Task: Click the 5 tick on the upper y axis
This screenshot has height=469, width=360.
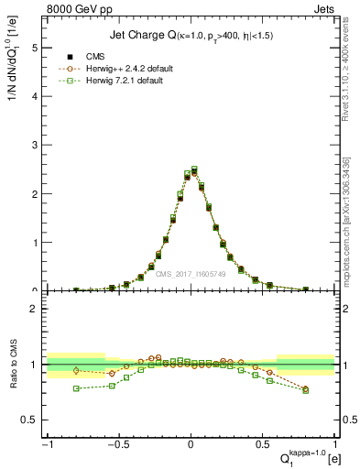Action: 33,49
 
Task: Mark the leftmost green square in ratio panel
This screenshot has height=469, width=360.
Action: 76,388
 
